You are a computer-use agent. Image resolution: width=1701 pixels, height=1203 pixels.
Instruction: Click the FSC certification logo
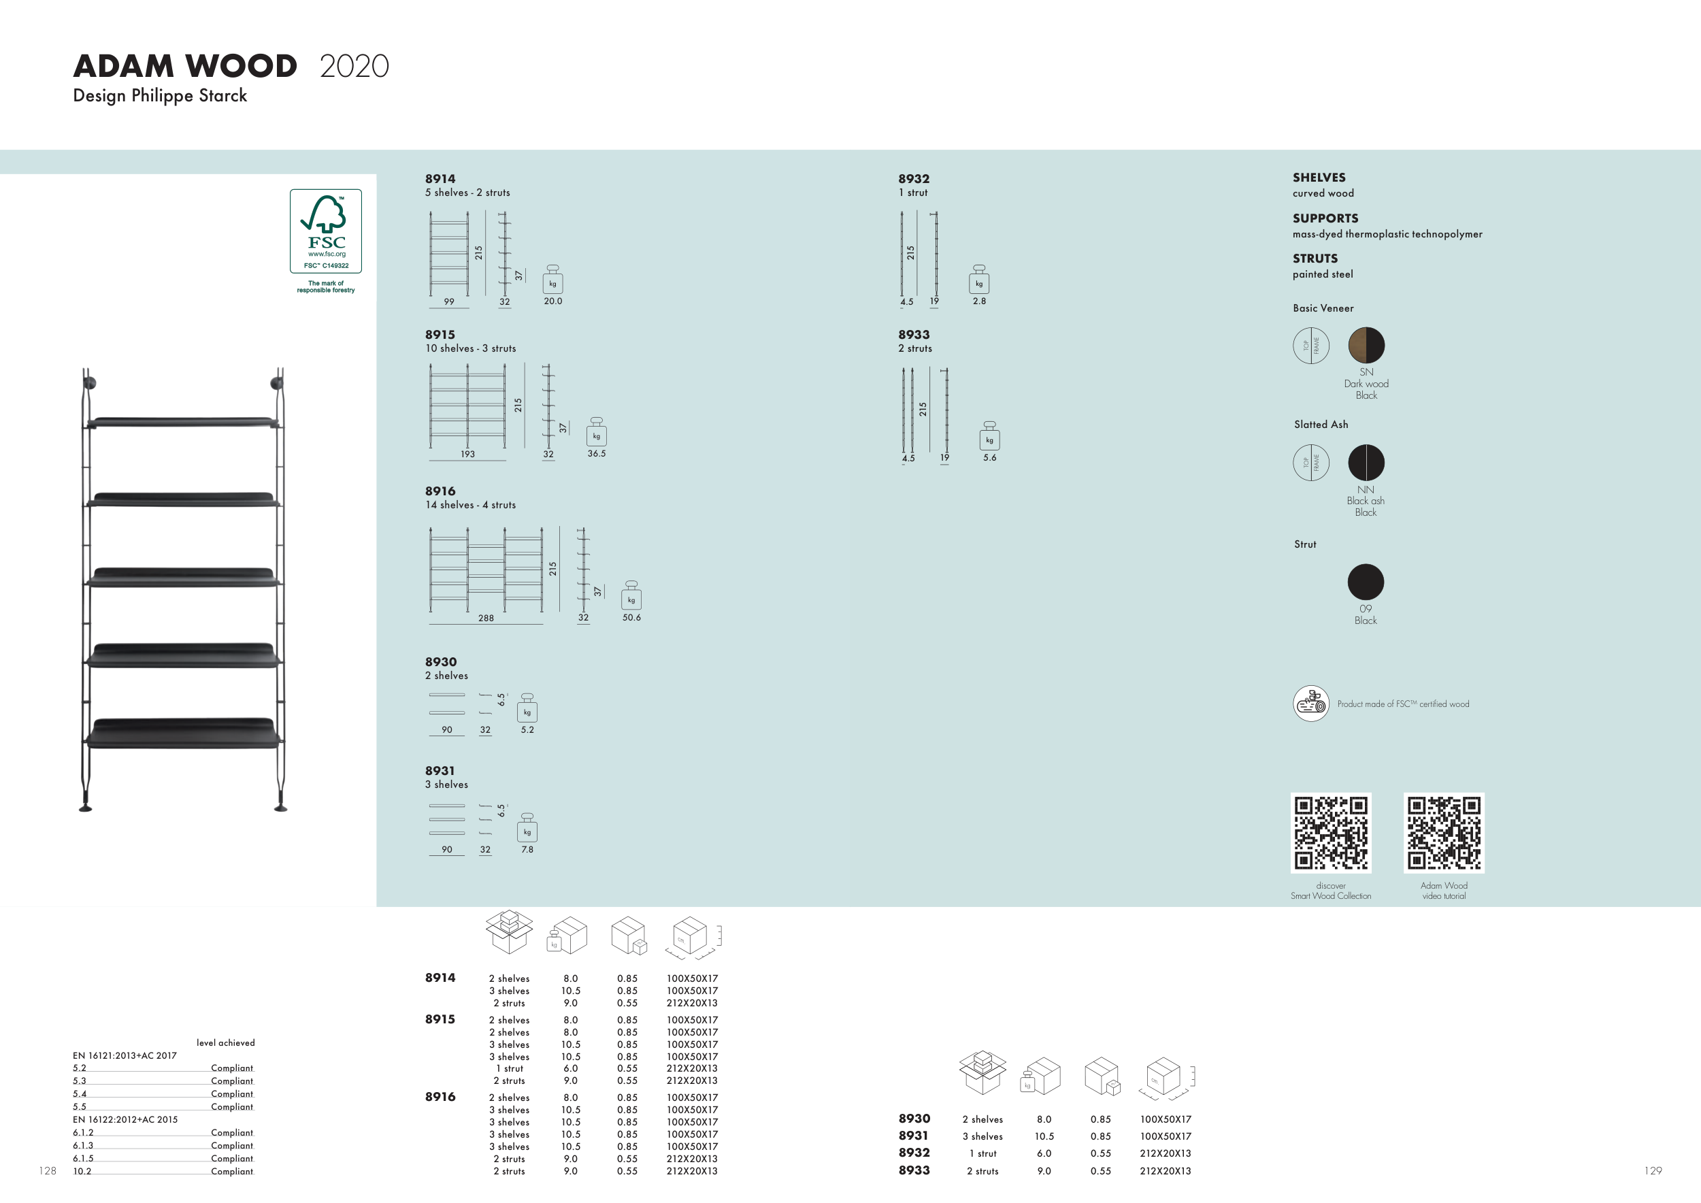(x=326, y=231)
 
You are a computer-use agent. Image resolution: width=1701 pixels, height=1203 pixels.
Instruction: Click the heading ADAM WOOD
(x=185, y=66)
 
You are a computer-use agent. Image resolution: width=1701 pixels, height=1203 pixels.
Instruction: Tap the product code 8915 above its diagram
(x=440, y=335)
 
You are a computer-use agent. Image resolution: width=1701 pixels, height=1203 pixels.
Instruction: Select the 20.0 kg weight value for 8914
(x=552, y=301)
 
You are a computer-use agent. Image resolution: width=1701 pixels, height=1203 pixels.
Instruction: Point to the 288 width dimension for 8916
(x=486, y=618)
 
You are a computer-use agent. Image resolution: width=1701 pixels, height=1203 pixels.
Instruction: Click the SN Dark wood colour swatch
(x=1366, y=345)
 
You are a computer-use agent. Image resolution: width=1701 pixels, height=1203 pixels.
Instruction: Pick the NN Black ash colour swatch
(x=1366, y=462)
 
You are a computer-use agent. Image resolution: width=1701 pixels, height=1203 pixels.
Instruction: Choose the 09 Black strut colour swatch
(x=1366, y=582)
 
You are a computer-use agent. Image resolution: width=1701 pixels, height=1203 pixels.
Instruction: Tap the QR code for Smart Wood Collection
(x=1331, y=833)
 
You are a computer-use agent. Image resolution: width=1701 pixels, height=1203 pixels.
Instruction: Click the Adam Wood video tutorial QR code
(x=1444, y=833)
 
